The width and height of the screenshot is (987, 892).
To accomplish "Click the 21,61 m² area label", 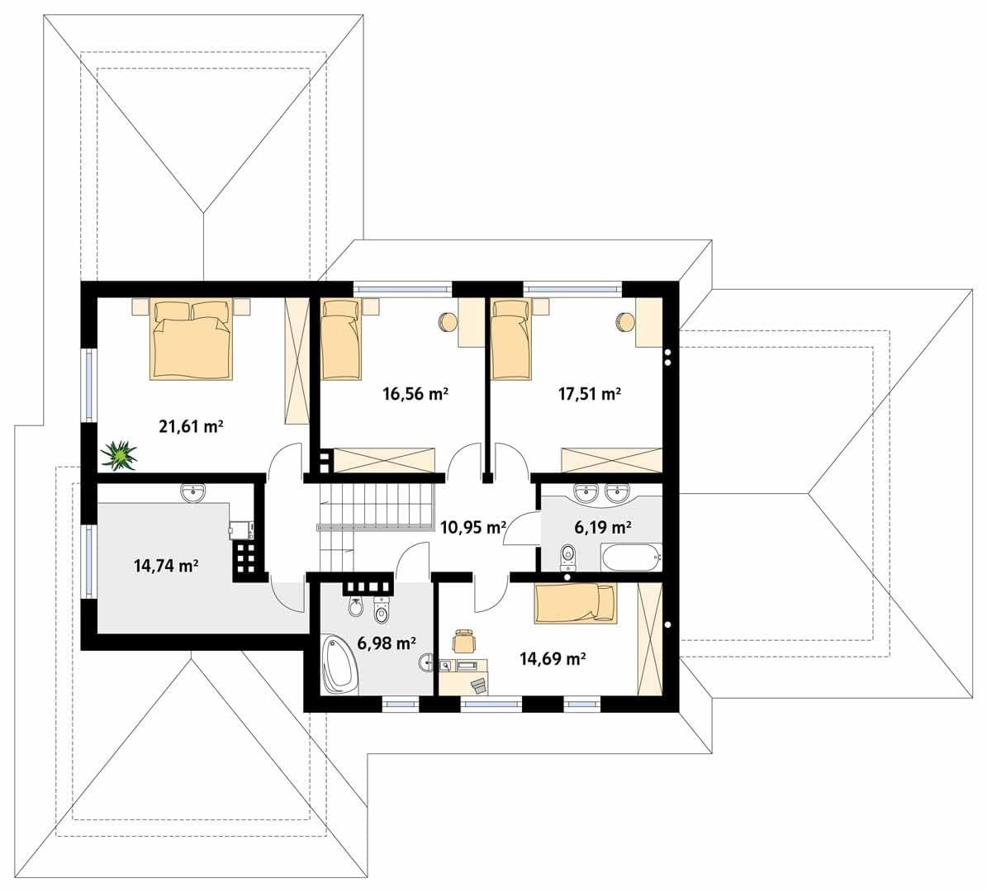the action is tap(192, 427).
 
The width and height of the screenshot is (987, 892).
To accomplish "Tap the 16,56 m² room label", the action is tap(415, 394).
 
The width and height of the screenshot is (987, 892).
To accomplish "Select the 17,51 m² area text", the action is tap(590, 394).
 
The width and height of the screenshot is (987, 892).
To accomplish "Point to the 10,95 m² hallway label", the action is tap(472, 526).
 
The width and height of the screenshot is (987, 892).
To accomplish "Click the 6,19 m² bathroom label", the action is tap(602, 526).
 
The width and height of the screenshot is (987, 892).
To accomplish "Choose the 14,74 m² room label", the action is tap(166, 565).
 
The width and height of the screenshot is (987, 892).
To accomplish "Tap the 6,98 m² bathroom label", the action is tap(386, 643).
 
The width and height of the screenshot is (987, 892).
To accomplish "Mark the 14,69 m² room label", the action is tap(553, 658).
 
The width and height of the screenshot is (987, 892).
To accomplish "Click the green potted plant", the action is tap(119, 455).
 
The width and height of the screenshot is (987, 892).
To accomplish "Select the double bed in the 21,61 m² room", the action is tap(192, 340).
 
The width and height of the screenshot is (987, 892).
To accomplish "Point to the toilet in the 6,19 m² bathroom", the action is tap(567, 557).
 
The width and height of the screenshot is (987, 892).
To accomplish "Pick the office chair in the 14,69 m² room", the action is tap(464, 641).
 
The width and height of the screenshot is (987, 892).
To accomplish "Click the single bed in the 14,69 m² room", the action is tap(576, 602).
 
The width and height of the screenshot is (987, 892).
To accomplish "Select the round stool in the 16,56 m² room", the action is tap(448, 321).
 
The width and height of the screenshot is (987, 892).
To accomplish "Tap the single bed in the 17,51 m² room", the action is tap(511, 340).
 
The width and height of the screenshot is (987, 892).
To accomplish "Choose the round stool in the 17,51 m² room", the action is tap(625, 321).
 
